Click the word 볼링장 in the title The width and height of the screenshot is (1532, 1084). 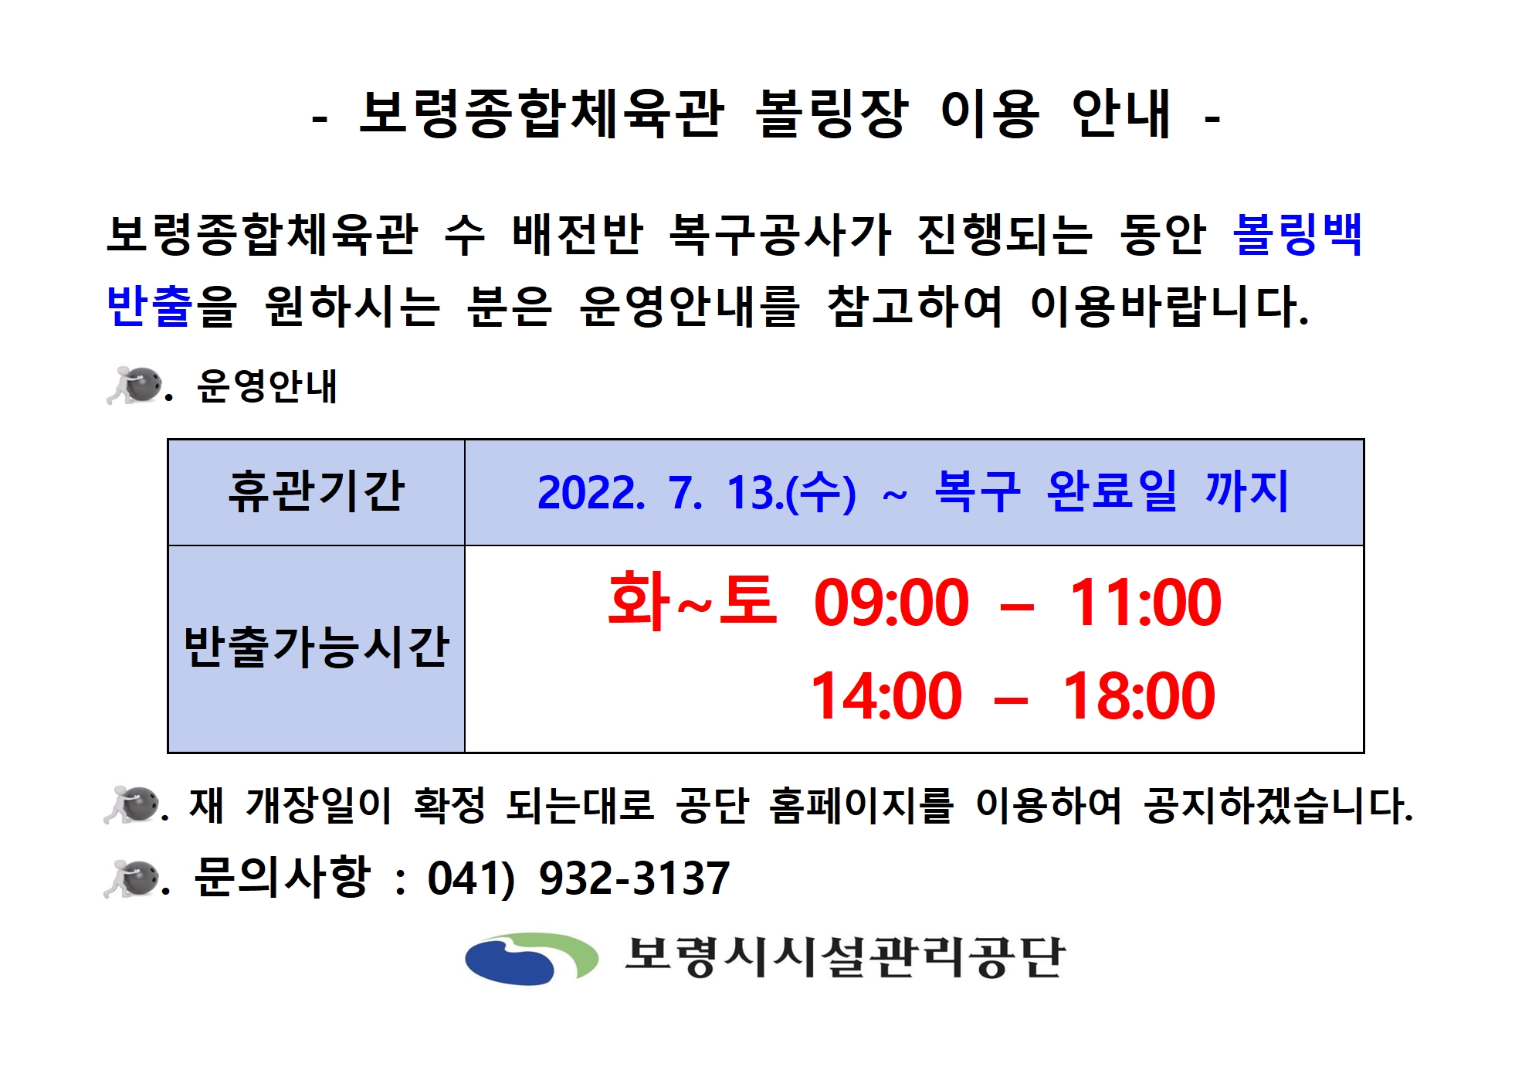click(x=832, y=114)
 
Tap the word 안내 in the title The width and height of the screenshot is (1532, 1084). click(x=1122, y=114)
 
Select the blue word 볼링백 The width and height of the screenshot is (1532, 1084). click(x=1297, y=234)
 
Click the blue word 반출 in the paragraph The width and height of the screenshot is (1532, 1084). click(x=150, y=306)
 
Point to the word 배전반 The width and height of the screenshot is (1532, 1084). click(x=578, y=234)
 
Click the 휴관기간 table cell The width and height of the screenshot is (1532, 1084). click(x=316, y=492)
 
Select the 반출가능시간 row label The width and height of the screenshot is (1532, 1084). click(x=316, y=647)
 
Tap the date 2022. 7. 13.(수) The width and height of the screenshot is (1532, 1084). click(x=697, y=492)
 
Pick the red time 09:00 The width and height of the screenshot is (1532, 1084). click(x=891, y=603)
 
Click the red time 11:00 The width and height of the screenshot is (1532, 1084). click(x=1144, y=603)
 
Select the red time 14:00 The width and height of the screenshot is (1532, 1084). click(x=886, y=696)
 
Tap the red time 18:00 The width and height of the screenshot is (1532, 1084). click(x=1139, y=696)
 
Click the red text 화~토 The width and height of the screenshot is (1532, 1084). click(x=692, y=601)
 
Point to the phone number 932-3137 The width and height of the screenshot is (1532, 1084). click(x=634, y=878)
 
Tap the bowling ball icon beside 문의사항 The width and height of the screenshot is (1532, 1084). click(x=133, y=878)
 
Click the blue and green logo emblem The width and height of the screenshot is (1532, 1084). click(x=531, y=958)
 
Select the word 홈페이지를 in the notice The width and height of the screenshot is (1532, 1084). click(x=862, y=806)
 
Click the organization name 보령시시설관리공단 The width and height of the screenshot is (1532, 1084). click(x=846, y=958)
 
